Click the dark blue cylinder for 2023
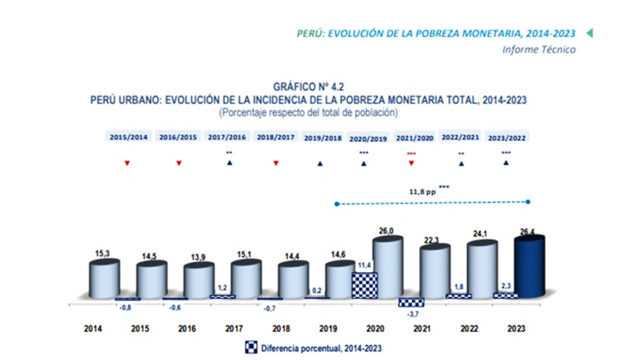click(529, 269)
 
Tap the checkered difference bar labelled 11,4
click(363, 286)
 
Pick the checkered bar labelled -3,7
click(411, 302)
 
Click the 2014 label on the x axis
click(92, 329)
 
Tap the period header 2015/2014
click(129, 137)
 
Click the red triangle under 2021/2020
click(411, 163)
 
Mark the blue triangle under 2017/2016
click(229, 163)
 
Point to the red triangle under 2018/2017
click(276, 163)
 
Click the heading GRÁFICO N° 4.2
click(308, 87)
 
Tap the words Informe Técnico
click(539, 49)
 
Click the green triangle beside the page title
click(589, 33)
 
